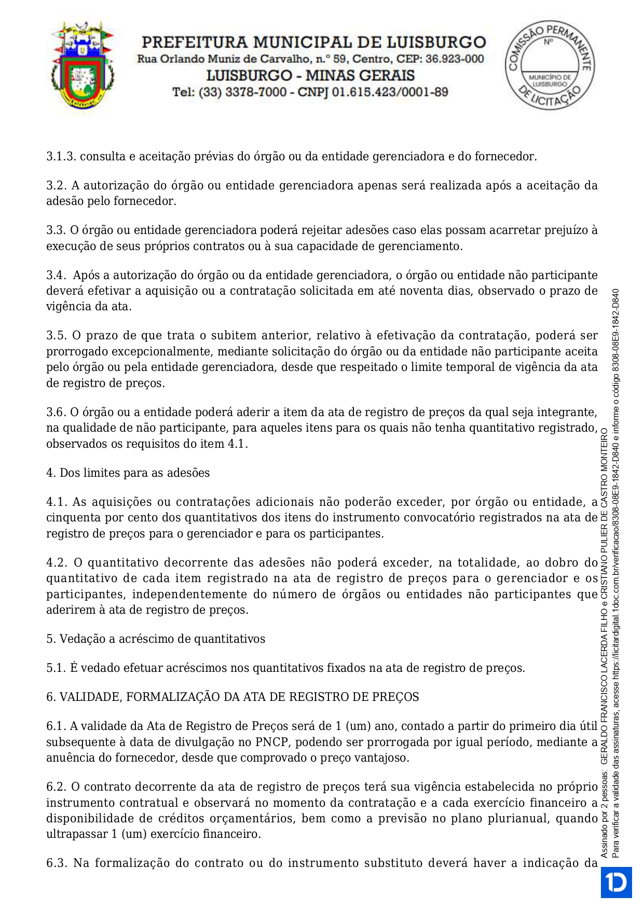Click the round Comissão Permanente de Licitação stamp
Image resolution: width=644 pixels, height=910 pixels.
coord(550,65)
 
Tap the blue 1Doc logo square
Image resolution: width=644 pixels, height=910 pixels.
coord(616,882)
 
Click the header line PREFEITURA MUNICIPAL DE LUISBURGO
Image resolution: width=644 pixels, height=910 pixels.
coord(314,42)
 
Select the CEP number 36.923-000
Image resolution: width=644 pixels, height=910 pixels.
coord(455,59)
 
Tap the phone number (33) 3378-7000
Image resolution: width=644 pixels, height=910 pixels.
coord(242,92)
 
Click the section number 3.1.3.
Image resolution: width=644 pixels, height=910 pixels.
coord(61,157)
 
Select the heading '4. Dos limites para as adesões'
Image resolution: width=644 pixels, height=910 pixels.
coord(128,473)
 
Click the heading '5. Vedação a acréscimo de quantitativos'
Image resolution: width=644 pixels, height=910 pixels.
coord(156,639)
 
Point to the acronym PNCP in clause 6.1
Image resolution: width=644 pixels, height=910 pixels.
coord(270,742)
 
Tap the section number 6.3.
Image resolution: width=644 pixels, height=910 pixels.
coord(57,863)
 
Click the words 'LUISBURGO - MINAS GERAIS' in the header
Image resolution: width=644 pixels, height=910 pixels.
coord(310,76)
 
